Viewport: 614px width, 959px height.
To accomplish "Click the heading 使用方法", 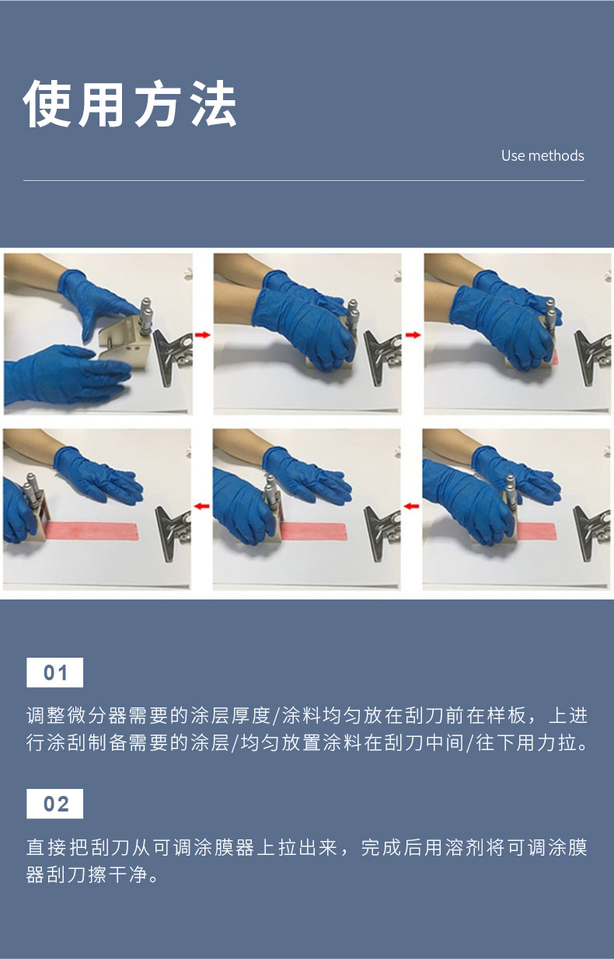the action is pyautogui.click(x=129, y=103).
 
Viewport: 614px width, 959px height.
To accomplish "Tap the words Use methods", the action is pyautogui.click(x=542, y=155).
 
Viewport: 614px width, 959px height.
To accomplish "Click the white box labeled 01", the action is pyautogui.click(x=55, y=672).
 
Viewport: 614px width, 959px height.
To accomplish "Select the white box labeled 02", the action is pyautogui.click(x=55, y=804).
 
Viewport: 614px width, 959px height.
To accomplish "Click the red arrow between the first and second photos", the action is pyautogui.click(x=203, y=335).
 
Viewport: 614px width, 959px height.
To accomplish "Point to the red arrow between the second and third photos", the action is pyautogui.click(x=413, y=335).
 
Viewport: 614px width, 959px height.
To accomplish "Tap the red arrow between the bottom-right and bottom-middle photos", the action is pyautogui.click(x=412, y=506).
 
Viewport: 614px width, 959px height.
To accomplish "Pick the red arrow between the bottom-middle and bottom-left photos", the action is pyautogui.click(x=202, y=506).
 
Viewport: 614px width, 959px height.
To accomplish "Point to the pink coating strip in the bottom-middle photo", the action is pyautogui.click(x=312, y=532).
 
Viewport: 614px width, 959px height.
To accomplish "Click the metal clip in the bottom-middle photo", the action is pyautogui.click(x=382, y=533).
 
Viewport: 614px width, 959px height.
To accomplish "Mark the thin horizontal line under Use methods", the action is pyautogui.click(x=304, y=181).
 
